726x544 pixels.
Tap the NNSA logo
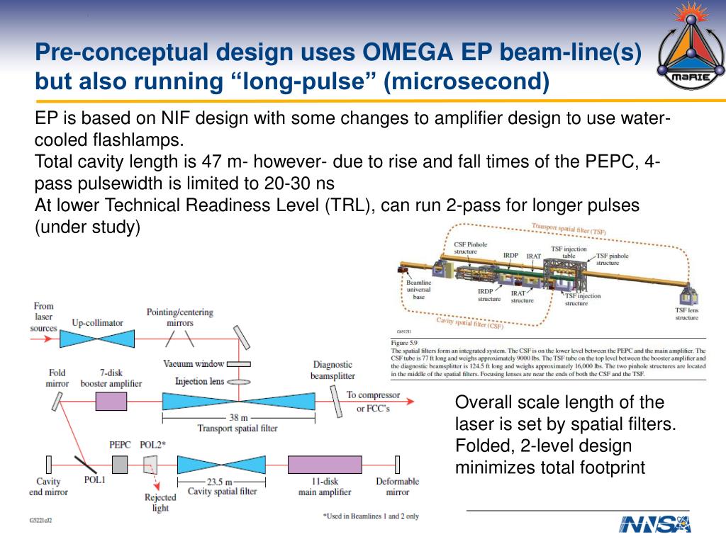point(654,523)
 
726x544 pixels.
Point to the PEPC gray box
point(120,464)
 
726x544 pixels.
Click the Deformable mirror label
point(397,486)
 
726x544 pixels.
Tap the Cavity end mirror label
point(49,486)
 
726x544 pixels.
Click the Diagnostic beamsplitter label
point(333,370)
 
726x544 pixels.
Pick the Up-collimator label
point(97,323)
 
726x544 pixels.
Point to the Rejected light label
point(160,502)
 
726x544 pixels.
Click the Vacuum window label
point(194,364)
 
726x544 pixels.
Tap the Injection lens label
point(201,382)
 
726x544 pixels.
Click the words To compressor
point(373,395)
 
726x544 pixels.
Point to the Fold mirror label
point(57,378)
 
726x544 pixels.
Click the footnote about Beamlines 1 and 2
point(370,516)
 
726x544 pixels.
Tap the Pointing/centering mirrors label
point(179,317)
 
